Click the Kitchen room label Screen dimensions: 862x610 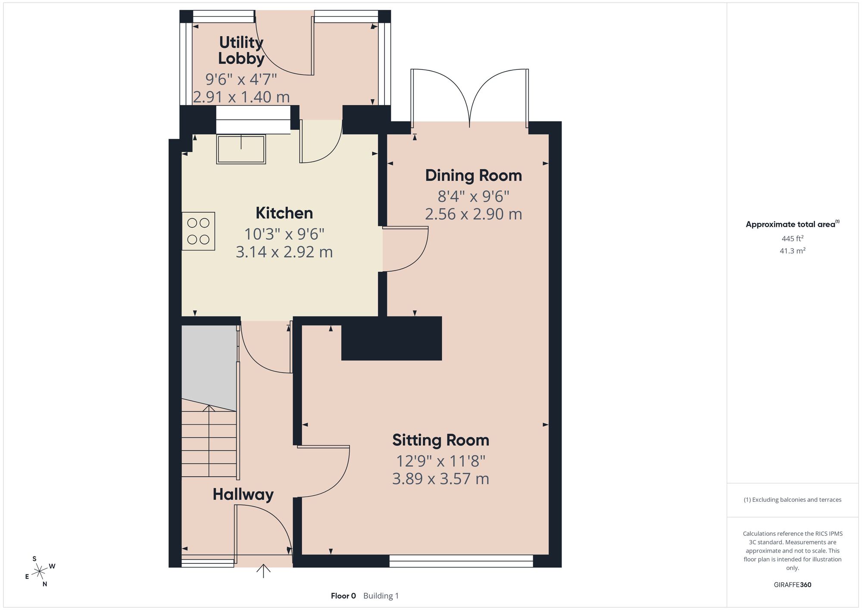(x=284, y=213)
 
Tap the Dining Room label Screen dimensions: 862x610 (x=473, y=176)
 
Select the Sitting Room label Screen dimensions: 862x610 (x=440, y=440)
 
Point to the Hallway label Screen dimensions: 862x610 (x=243, y=495)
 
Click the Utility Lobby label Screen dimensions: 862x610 (x=241, y=50)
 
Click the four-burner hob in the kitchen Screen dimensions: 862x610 (x=198, y=231)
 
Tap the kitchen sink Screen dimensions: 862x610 (x=241, y=150)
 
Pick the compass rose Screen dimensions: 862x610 (x=40, y=572)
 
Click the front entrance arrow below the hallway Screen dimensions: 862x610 (x=263, y=571)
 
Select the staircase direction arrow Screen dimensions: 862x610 (x=209, y=440)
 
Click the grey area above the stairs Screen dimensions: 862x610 (x=209, y=367)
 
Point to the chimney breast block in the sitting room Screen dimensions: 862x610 (x=391, y=339)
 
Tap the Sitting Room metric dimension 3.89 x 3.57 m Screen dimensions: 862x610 (x=440, y=479)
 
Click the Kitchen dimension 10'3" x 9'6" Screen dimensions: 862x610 (x=284, y=234)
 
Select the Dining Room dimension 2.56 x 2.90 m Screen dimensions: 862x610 (x=473, y=214)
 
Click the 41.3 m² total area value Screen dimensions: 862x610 (x=792, y=251)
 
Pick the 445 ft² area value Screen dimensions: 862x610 (x=792, y=238)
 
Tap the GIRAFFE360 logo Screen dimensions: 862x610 (x=792, y=585)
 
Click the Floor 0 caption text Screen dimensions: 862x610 (x=343, y=596)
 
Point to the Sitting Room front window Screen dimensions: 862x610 (x=461, y=561)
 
